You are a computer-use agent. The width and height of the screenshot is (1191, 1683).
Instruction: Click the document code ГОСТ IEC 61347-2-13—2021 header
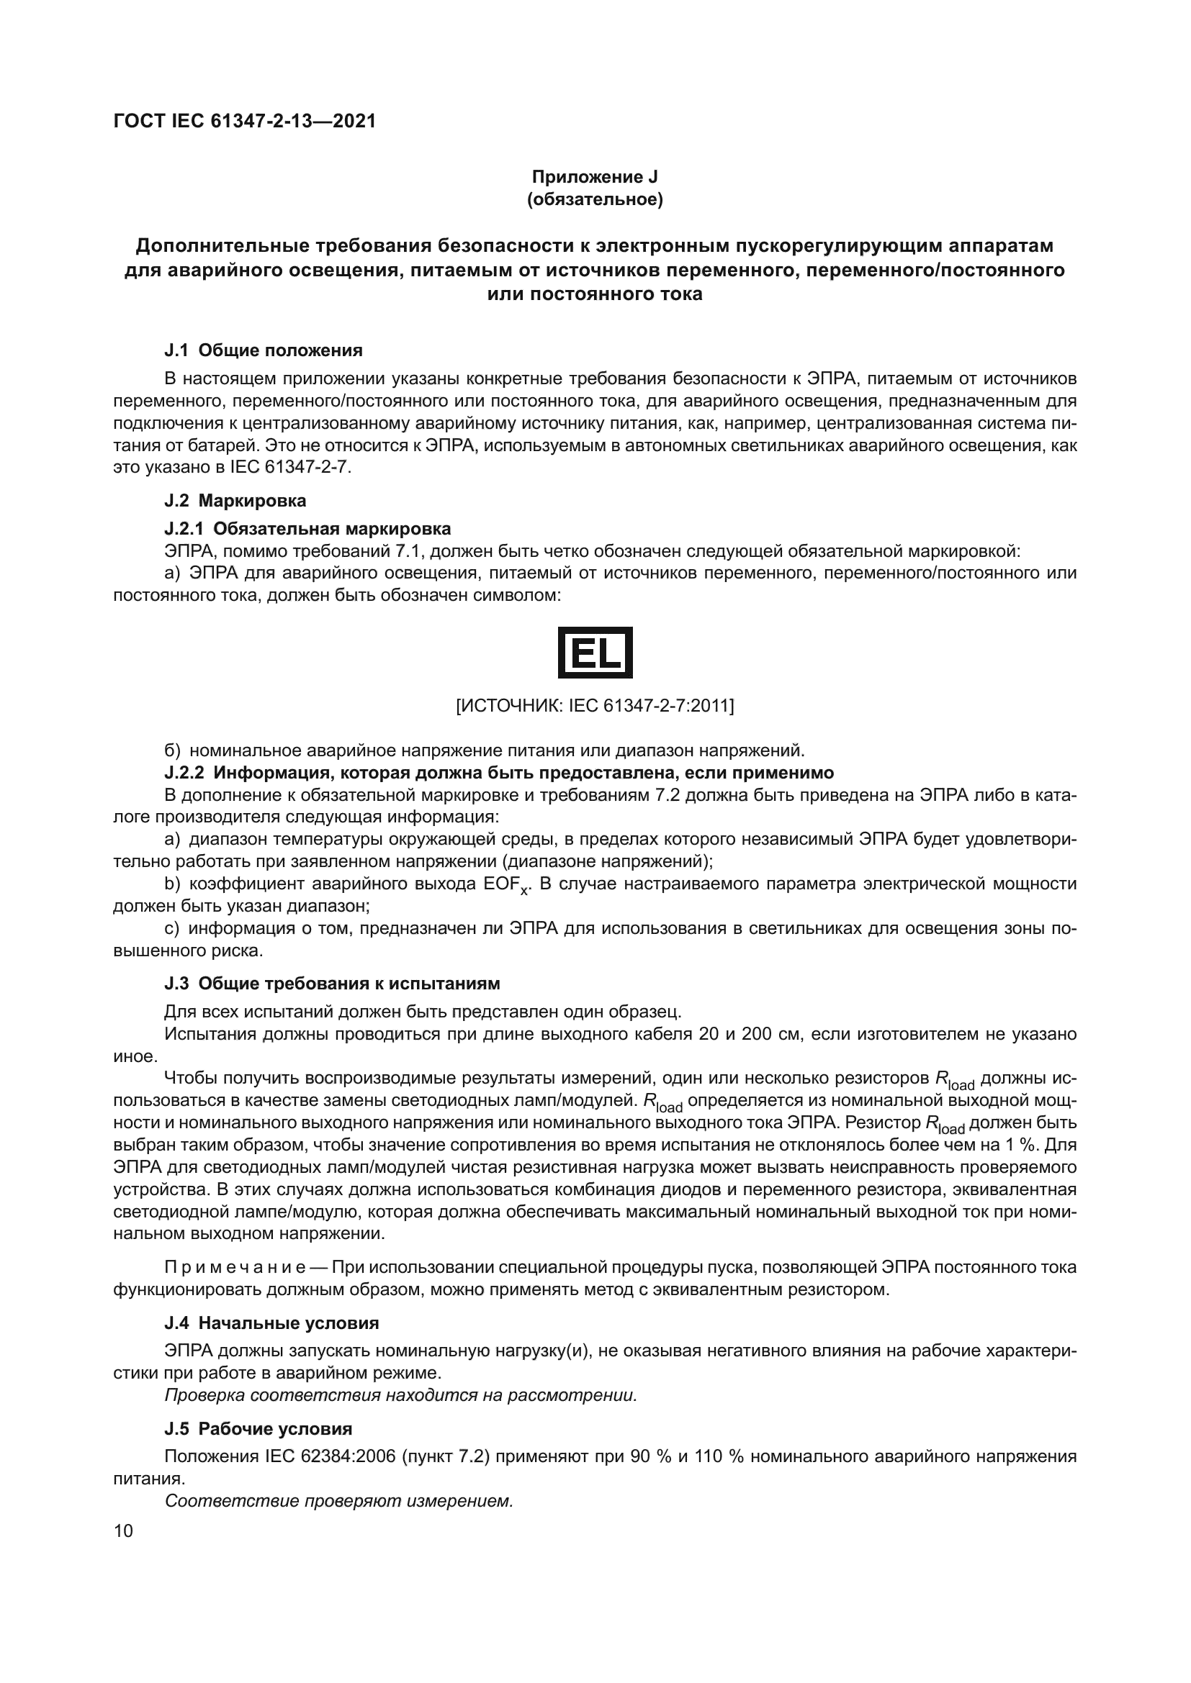[245, 122]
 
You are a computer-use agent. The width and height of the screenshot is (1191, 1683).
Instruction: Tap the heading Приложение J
[595, 177]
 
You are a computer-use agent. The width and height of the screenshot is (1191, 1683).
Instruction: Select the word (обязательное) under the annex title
[595, 199]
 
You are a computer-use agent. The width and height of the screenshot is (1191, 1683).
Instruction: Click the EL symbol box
[595, 652]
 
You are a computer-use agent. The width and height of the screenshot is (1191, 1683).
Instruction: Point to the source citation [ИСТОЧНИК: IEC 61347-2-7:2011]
[595, 706]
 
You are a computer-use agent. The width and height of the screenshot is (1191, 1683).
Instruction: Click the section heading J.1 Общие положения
[264, 350]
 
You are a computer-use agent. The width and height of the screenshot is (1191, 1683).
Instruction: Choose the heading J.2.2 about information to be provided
[499, 773]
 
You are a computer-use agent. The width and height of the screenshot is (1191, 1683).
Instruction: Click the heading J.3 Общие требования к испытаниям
[332, 983]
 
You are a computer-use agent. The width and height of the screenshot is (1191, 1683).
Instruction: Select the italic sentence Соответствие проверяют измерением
[339, 1500]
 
